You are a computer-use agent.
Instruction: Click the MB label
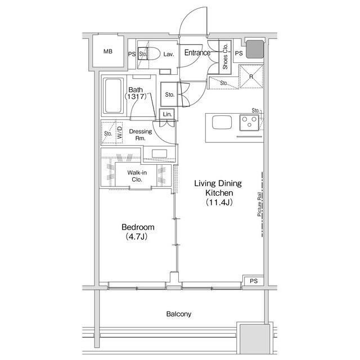click(x=108, y=51)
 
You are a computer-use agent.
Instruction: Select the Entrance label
click(x=197, y=52)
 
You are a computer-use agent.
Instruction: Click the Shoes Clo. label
click(x=225, y=56)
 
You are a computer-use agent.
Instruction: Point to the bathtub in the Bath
click(x=112, y=96)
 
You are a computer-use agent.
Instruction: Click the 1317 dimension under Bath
click(x=136, y=96)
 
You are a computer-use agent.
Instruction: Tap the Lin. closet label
click(x=167, y=114)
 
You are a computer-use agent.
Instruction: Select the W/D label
click(x=120, y=133)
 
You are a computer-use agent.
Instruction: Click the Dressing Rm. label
click(x=141, y=135)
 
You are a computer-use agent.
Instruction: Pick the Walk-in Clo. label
click(x=137, y=176)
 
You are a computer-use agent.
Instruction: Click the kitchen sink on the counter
click(x=222, y=122)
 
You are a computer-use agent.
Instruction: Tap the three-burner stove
click(x=249, y=123)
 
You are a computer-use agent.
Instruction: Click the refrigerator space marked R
click(x=251, y=76)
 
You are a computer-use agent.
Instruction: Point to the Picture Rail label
click(x=259, y=204)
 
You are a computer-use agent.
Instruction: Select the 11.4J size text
click(x=219, y=202)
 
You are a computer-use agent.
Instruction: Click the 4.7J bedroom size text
click(x=137, y=236)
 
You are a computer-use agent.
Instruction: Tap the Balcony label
click(x=179, y=314)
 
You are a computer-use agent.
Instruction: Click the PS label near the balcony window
click(x=254, y=281)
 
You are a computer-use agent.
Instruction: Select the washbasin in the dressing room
click(x=159, y=154)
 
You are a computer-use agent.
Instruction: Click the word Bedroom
click(x=138, y=227)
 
